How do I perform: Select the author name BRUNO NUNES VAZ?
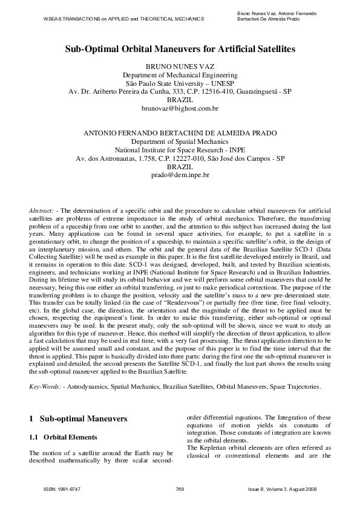pyautogui.click(x=180, y=65)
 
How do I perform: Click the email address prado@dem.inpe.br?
pyautogui.click(x=180, y=175)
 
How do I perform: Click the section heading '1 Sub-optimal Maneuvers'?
pyautogui.click(x=78, y=418)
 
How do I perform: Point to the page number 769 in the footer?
pyautogui.click(x=179, y=488)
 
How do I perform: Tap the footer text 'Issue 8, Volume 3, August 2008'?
pyautogui.click(x=282, y=488)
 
